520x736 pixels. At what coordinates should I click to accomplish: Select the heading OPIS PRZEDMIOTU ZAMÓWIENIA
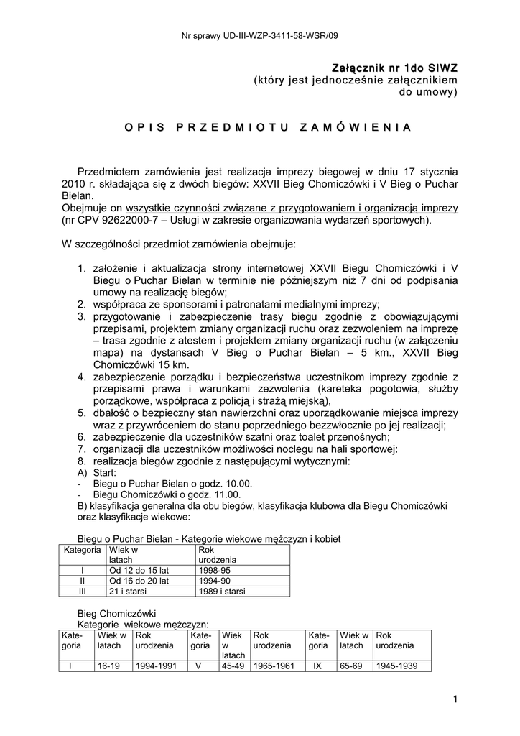(x=267, y=127)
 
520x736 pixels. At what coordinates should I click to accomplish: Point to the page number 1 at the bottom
(x=455, y=699)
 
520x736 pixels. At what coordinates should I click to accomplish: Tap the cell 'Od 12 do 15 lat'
(x=139, y=569)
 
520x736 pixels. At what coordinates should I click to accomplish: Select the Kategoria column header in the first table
(x=82, y=550)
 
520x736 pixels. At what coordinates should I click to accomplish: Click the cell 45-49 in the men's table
(x=231, y=666)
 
